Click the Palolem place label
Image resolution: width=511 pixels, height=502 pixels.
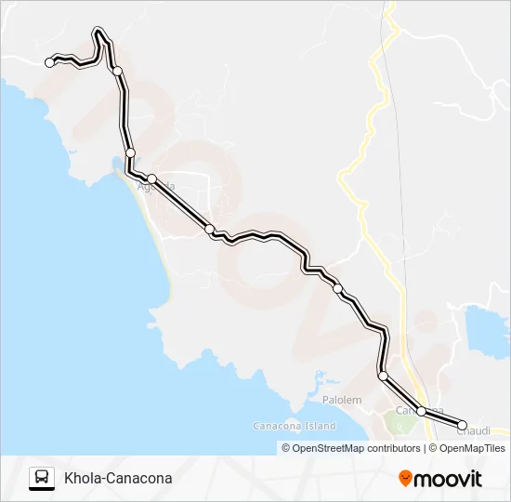(x=342, y=400)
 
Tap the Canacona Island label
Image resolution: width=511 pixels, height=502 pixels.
(x=295, y=426)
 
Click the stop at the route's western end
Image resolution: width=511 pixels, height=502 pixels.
(x=49, y=62)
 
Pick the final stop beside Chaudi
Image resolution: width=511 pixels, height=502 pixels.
(x=462, y=425)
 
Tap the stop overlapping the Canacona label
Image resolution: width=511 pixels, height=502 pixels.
(x=421, y=411)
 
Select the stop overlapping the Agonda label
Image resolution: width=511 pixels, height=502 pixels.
(x=151, y=178)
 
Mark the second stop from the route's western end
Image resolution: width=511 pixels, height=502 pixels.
(x=117, y=71)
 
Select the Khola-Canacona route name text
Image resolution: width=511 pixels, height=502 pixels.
(x=118, y=479)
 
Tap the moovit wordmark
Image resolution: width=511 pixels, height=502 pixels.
(x=448, y=479)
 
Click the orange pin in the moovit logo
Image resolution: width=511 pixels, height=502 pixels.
(x=405, y=479)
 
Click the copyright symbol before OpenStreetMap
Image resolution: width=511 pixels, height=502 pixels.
(x=287, y=448)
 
